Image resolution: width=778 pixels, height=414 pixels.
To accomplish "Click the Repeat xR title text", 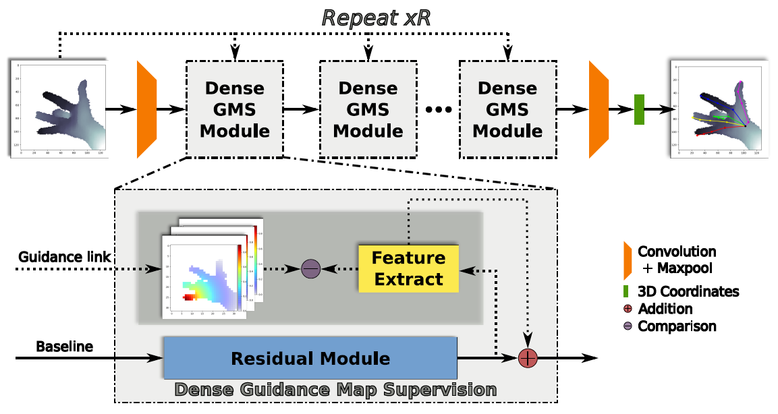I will [376, 18].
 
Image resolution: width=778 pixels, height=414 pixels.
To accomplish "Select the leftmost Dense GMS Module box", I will [235, 109].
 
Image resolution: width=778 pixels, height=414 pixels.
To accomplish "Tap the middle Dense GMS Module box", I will [368, 109].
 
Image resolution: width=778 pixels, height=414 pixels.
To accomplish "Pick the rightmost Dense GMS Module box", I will [507, 109].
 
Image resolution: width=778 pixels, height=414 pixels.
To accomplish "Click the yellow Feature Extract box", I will [408, 268].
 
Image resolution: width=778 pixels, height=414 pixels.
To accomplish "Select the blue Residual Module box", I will [310, 358].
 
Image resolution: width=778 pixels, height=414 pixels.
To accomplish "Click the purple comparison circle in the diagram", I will [310, 268].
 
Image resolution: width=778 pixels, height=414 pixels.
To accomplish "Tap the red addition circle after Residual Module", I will [527, 358].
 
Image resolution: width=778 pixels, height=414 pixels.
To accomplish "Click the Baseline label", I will [64, 347].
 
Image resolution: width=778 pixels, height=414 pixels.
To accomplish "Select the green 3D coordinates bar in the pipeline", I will [639, 109].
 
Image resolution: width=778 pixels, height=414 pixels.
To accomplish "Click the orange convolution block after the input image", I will [146, 109].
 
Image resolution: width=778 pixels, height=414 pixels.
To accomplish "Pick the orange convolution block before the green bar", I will [599, 109].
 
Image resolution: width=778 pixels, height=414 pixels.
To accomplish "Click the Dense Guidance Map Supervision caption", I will [335, 390].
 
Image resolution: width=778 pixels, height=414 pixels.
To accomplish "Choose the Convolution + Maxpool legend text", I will [677, 260].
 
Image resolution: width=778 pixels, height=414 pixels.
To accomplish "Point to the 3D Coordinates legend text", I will [688, 292].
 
